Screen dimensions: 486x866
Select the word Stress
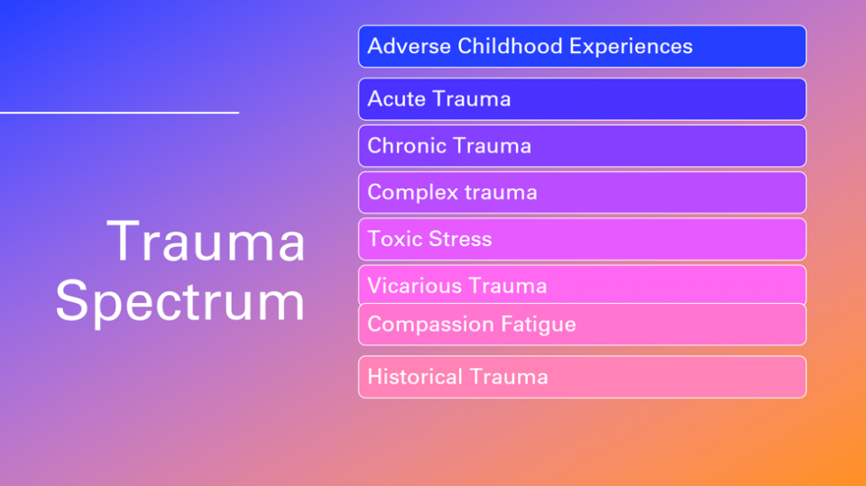click(x=461, y=239)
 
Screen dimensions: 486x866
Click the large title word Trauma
click(x=207, y=242)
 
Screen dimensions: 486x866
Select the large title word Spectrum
click(x=180, y=302)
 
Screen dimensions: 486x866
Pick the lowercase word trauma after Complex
click(x=501, y=193)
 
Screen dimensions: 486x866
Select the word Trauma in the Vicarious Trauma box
click(x=508, y=287)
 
